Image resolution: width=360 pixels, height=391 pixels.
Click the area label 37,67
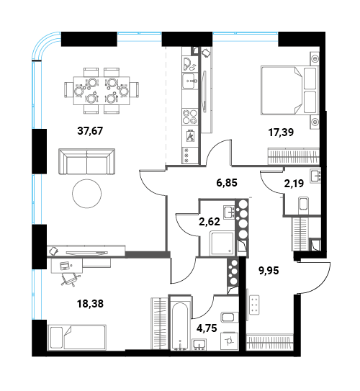(x=90, y=131)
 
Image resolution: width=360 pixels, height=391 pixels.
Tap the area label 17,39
(x=281, y=132)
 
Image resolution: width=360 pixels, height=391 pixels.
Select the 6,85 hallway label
(x=227, y=183)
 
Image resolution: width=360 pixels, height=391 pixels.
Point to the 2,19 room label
(x=294, y=184)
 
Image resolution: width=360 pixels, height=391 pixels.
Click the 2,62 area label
(x=210, y=222)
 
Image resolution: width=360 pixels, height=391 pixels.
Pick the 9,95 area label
(x=269, y=270)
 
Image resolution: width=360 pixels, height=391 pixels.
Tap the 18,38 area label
(x=90, y=304)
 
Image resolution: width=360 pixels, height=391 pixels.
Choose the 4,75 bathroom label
(x=207, y=328)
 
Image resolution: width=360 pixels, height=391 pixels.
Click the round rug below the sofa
(x=86, y=194)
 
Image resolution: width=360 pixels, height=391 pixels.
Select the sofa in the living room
(x=86, y=161)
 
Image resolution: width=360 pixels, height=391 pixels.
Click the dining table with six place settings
(x=102, y=91)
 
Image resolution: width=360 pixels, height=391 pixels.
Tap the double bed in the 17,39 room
(x=290, y=90)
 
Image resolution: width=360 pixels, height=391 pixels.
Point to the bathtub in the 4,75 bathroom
(x=179, y=323)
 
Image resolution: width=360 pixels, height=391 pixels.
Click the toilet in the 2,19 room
(x=303, y=204)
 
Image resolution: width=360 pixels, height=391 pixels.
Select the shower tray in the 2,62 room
(x=222, y=243)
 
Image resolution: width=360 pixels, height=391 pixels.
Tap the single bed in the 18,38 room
(x=78, y=337)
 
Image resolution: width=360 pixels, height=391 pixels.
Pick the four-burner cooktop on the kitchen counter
(x=190, y=117)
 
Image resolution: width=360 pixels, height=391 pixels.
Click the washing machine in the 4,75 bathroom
(x=230, y=341)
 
